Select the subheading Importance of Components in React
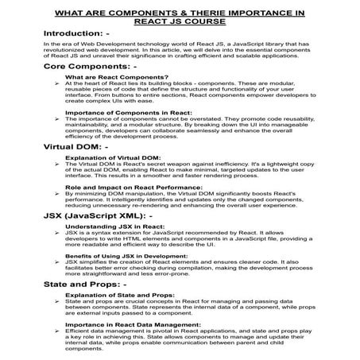[x=119, y=113]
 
